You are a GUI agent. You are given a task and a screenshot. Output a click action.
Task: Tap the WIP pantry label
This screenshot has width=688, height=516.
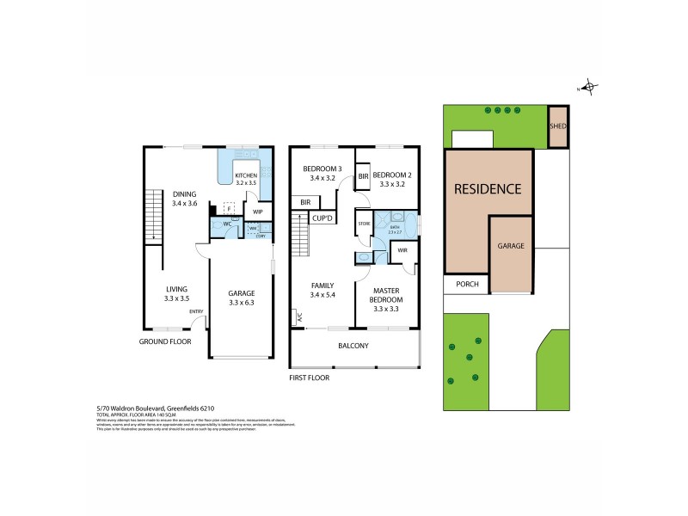pos(257,210)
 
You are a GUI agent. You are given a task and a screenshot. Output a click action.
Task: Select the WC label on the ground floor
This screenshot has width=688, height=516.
pos(228,224)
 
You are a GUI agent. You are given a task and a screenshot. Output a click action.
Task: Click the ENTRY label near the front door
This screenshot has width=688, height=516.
pos(196,311)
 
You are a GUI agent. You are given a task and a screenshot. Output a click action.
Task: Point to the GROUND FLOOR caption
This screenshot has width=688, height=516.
pos(164,341)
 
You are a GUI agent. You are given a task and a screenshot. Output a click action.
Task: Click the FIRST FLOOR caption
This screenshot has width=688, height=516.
pos(310,377)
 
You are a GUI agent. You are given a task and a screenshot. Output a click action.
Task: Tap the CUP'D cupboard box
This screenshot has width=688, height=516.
pos(323,218)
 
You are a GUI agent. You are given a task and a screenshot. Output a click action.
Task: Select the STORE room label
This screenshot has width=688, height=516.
pos(364,224)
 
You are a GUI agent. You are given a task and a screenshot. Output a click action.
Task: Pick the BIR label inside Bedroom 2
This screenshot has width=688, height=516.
pos(364,176)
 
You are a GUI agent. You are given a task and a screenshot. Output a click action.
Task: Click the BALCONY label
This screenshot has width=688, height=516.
pos(353,346)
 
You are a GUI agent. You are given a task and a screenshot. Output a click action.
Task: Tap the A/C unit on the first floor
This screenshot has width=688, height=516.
pos(299,317)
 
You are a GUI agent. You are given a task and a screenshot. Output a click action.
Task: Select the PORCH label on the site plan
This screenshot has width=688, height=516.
pos(466,286)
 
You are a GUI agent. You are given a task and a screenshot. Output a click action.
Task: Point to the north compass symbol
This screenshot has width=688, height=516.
pos(589,86)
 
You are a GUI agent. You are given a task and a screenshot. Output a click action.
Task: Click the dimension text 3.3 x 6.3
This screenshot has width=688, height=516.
pos(241,303)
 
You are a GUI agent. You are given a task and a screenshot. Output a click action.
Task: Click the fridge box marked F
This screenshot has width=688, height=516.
pos(230,207)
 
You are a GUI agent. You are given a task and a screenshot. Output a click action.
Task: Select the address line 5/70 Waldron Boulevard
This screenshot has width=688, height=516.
pos(143,409)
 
